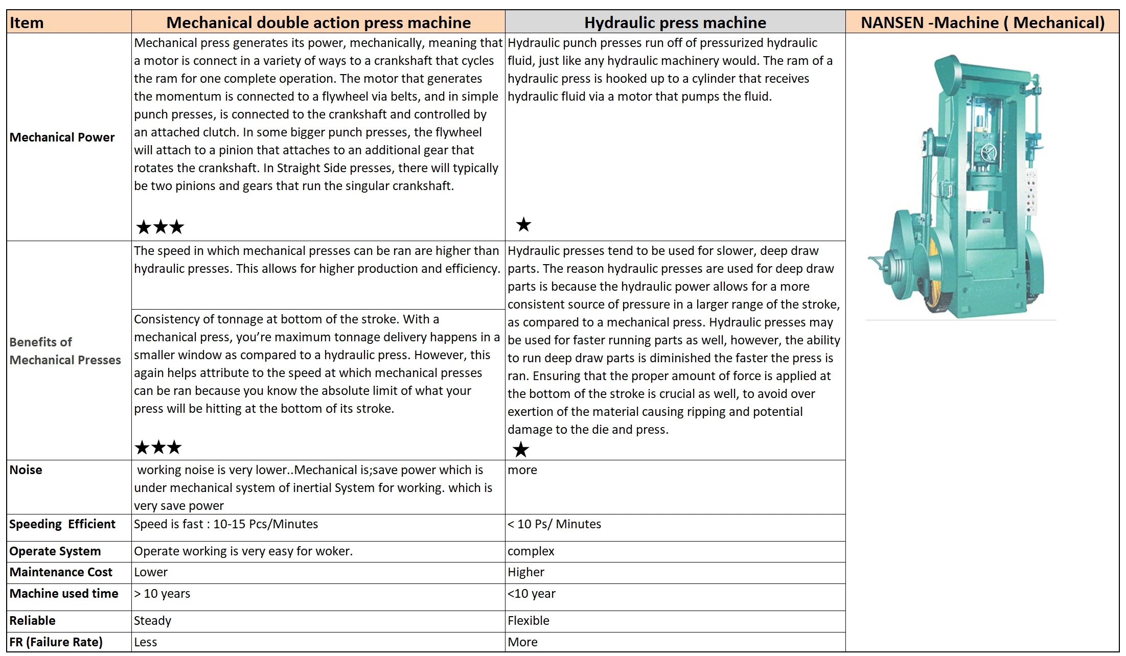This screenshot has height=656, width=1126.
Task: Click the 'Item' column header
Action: (x=27, y=22)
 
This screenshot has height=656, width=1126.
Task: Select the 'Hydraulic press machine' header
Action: (x=675, y=22)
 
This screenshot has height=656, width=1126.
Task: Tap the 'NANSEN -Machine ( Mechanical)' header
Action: (x=982, y=22)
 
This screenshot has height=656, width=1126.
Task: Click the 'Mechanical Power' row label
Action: (x=62, y=137)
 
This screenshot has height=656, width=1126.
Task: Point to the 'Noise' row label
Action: (x=26, y=470)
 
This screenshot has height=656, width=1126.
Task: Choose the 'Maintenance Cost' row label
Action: (x=60, y=572)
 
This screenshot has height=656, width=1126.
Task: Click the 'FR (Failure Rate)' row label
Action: (x=56, y=642)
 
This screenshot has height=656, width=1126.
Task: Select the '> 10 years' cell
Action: (x=162, y=594)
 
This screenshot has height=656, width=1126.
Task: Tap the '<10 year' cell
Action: (x=531, y=594)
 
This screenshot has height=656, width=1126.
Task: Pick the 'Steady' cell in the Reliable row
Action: (x=152, y=621)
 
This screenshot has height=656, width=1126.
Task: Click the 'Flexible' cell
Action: (x=528, y=621)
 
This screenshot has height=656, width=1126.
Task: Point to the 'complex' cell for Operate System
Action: (x=531, y=551)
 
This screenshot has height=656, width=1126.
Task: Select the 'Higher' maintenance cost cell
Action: (x=525, y=572)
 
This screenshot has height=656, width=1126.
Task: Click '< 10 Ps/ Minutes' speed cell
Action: (x=554, y=524)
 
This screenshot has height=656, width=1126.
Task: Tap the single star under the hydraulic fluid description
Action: (x=523, y=224)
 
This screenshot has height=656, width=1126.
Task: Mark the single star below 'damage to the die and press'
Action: (x=521, y=450)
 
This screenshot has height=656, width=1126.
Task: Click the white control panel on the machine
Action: (x=1030, y=192)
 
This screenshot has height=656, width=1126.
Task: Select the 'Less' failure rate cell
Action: (x=145, y=642)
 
